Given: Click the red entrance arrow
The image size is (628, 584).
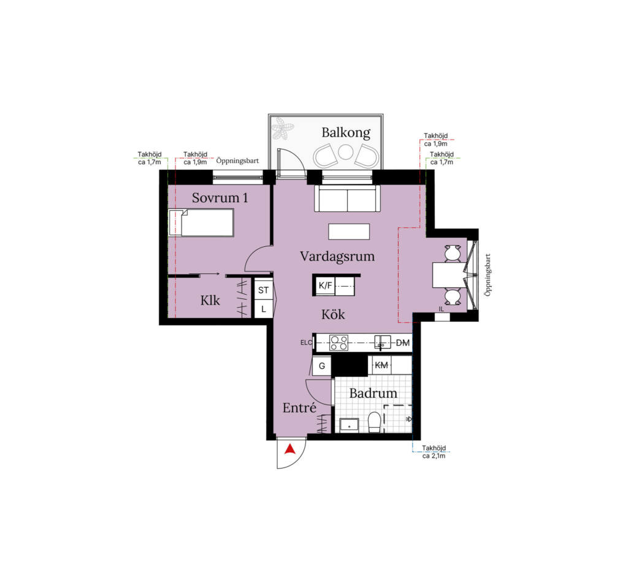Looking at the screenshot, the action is point(290,450).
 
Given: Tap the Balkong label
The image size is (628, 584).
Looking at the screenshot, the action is point(346,132).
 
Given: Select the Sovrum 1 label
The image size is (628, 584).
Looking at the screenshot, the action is point(220,198).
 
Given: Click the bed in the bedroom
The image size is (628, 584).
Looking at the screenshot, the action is point(201,222).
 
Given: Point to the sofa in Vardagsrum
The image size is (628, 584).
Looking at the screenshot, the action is point(347,198).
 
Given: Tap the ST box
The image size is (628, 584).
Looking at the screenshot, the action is point(263,290).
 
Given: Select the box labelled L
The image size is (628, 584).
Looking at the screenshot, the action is point(263,309).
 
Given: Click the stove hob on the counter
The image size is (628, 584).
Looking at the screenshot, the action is point(339,343).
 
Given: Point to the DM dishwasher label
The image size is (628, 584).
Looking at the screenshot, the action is point(402,343).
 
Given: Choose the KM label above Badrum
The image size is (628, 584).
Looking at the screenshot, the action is point(381,365).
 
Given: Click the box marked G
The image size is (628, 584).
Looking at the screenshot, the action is point(321,366).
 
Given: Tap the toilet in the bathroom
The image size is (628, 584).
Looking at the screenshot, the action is point(374,422).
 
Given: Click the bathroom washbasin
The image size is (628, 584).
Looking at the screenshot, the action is point(349,425).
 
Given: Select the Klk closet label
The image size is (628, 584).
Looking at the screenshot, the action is point(210,300).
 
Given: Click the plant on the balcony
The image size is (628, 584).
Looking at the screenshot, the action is point(283,128).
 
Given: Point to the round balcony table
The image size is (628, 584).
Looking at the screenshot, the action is point(345,152).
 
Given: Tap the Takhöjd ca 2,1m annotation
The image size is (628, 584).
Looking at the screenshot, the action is point(434,452).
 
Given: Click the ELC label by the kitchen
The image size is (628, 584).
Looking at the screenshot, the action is point(307,343).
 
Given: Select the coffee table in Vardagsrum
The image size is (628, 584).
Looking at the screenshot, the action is point(349,232).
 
